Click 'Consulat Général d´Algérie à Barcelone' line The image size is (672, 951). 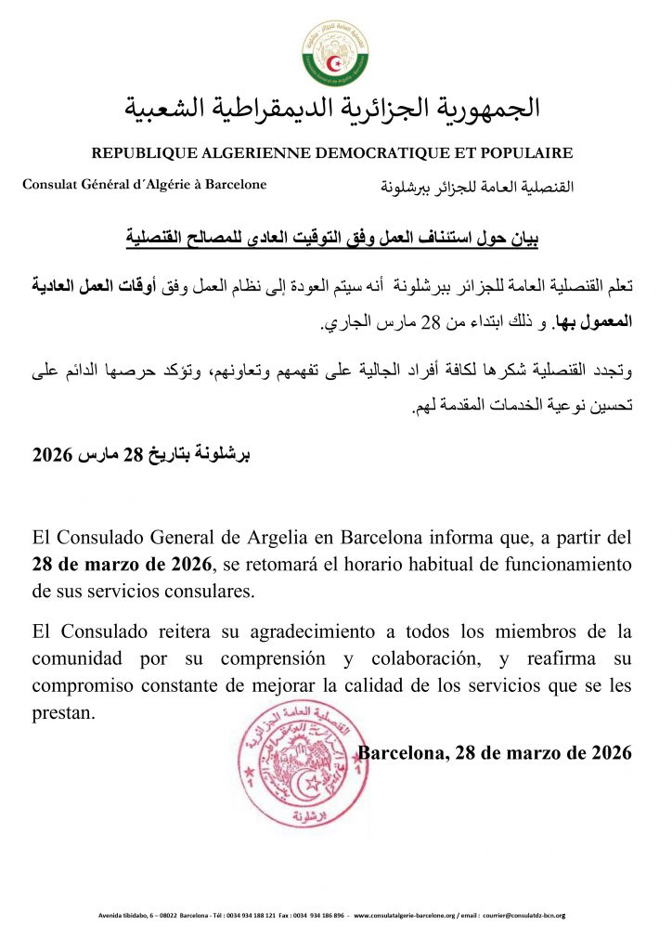click(144, 184)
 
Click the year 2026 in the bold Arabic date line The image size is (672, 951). click(51, 455)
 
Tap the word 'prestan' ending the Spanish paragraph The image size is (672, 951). click(61, 713)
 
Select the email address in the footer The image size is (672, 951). click(525, 917)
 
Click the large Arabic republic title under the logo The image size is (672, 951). click(332, 108)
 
